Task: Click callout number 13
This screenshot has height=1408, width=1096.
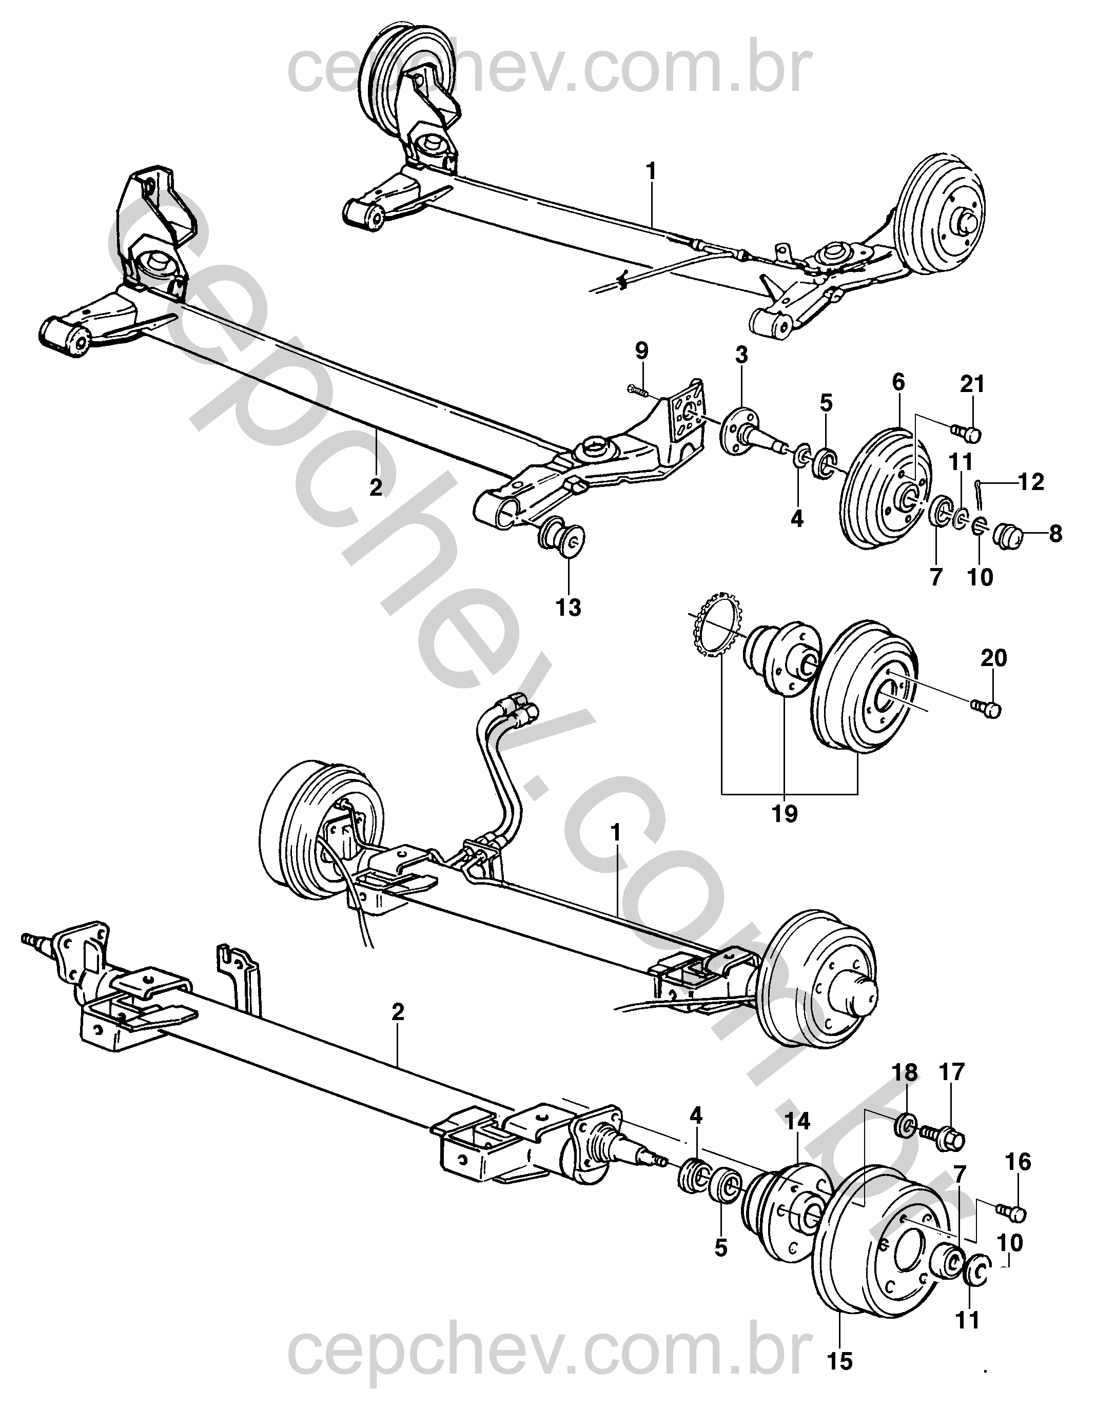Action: [569, 608]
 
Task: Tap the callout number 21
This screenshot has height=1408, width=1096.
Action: [973, 384]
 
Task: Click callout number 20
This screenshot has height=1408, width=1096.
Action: [993, 658]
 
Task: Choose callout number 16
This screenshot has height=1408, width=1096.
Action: [1019, 1162]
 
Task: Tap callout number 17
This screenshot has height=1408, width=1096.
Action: [952, 1072]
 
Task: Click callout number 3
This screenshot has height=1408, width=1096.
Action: [741, 355]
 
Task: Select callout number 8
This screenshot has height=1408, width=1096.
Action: [1055, 534]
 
